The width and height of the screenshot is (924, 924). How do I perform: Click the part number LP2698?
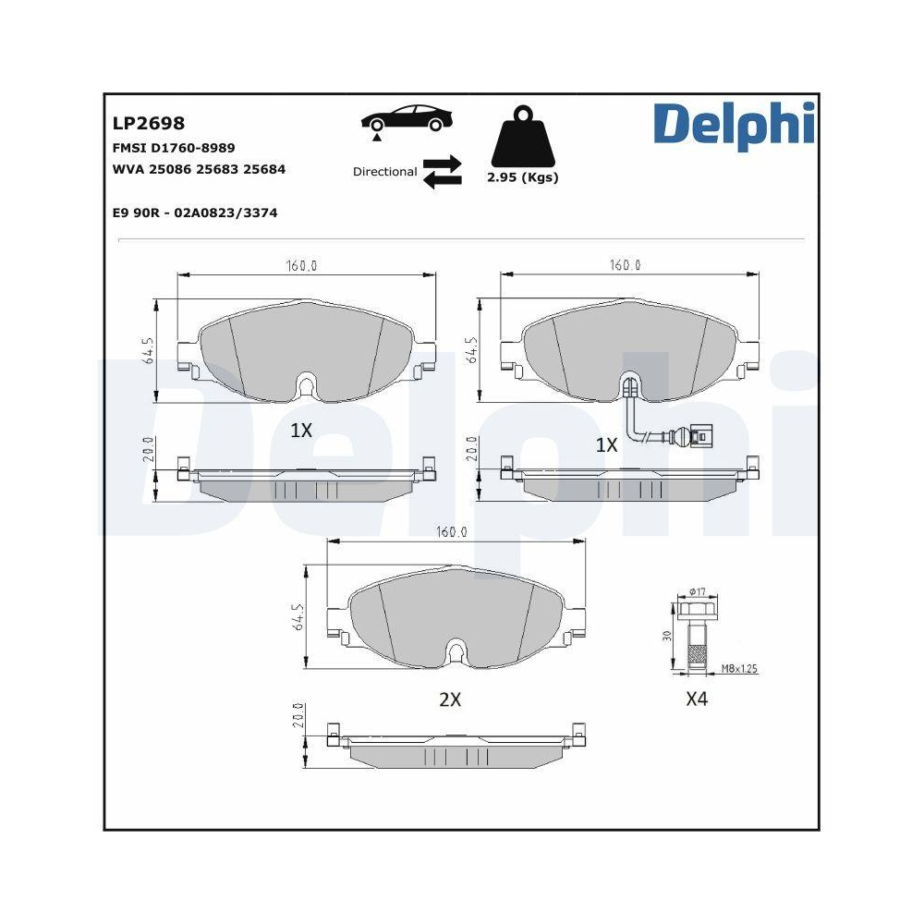tap(148, 123)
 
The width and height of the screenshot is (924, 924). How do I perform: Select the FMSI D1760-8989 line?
tap(173, 148)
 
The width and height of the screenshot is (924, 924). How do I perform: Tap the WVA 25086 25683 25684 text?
tap(198, 169)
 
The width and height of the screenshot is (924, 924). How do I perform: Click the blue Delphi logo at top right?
tap(734, 126)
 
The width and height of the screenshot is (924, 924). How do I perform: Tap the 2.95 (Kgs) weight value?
tap(523, 177)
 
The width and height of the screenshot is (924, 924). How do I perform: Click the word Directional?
tap(384, 172)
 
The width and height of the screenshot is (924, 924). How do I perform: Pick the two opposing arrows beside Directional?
tap(442, 172)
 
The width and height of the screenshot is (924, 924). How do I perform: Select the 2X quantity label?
tap(449, 699)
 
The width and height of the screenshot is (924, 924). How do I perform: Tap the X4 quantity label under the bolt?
tap(696, 699)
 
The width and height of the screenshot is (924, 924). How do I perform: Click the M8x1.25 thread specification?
tap(739, 667)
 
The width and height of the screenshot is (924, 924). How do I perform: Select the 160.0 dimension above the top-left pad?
tap(301, 265)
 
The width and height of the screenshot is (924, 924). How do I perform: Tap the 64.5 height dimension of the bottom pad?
tap(298, 618)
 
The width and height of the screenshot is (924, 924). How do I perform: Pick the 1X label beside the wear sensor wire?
tap(605, 445)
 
